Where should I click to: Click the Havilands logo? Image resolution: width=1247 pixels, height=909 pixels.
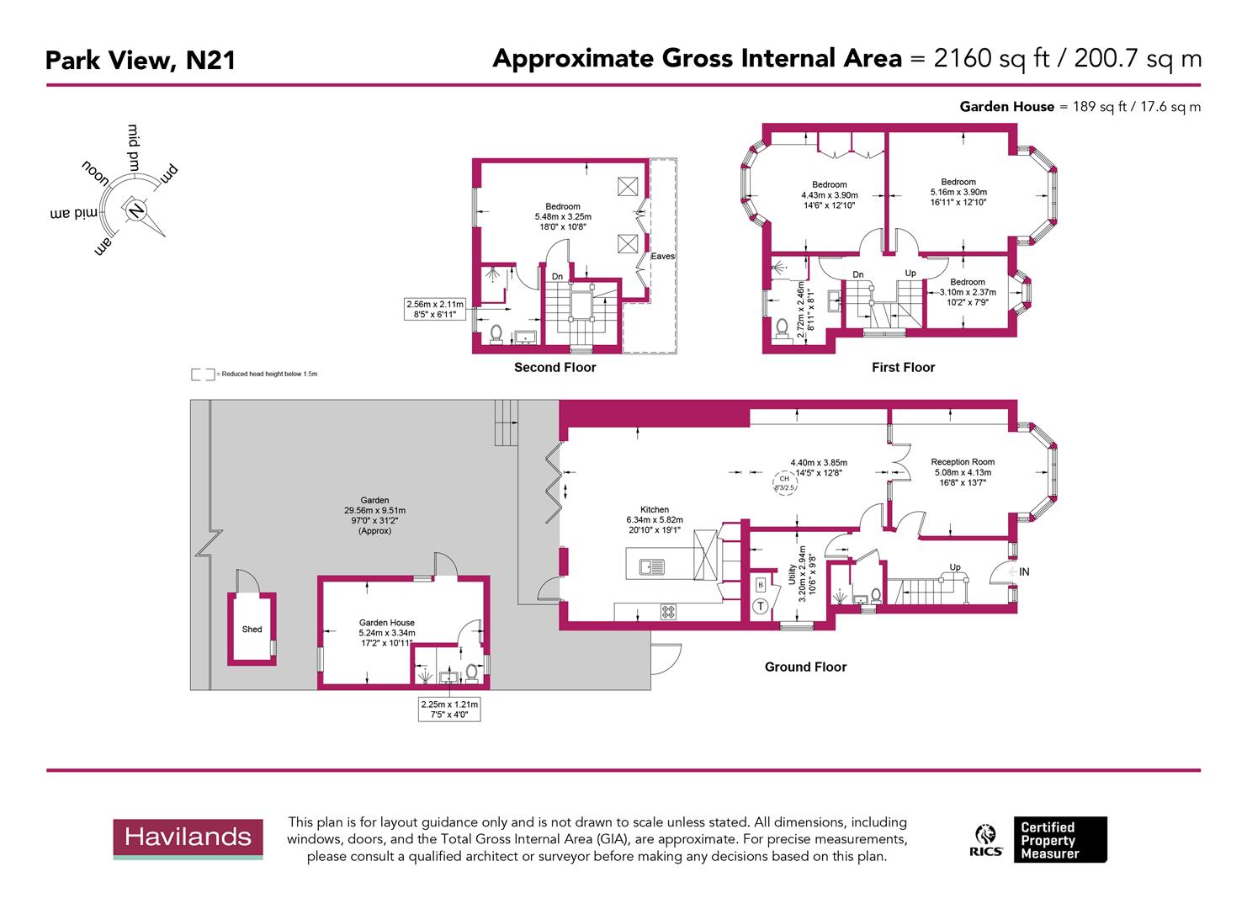pos(188,838)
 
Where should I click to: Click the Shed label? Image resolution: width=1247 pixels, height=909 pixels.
pos(252,630)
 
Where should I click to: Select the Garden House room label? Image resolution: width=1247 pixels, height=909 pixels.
pos(386,623)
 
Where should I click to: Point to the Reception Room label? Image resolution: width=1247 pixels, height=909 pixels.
pos(963,462)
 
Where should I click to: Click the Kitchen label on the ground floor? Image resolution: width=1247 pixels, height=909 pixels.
pos(655,510)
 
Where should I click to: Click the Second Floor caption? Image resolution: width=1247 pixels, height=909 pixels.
pos(555,368)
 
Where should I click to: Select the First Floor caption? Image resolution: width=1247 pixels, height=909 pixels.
pos(903,368)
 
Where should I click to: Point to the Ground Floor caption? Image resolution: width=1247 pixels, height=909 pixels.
pos(805,667)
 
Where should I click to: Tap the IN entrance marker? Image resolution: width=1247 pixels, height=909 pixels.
pos(1023,572)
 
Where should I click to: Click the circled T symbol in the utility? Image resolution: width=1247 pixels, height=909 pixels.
pos(761,606)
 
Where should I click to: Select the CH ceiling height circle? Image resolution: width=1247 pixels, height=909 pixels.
pos(784,483)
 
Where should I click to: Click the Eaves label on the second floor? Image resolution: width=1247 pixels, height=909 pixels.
pos(662,256)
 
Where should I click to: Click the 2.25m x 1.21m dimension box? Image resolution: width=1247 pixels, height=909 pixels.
pos(449,710)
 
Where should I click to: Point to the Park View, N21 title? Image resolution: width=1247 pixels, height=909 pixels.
pos(140,61)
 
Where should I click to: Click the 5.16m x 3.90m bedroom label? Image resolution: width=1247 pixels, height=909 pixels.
pos(958,192)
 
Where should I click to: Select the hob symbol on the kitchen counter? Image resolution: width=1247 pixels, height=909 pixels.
pos(668,612)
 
